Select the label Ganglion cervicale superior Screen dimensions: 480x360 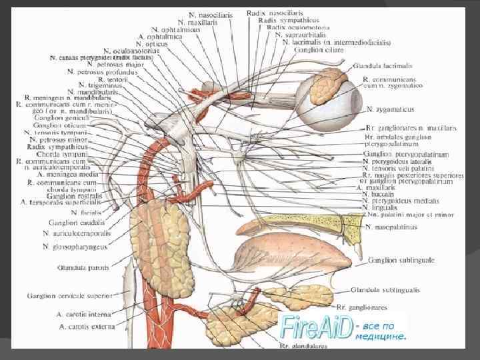[65, 294]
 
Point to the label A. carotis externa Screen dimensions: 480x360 [86, 327]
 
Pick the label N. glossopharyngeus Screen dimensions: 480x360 [74, 246]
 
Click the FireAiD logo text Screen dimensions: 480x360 [317, 327]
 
